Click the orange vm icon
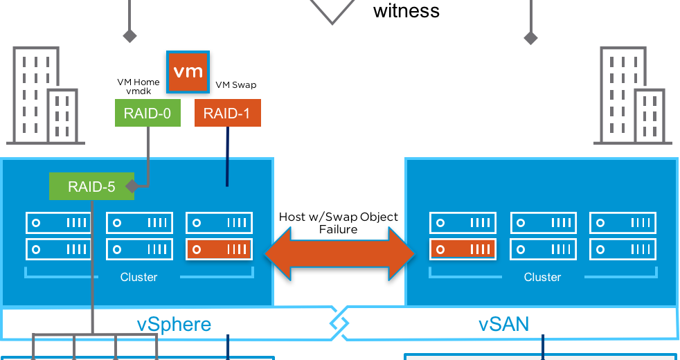pyautogui.click(x=188, y=71)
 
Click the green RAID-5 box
pyautogui.click(x=91, y=186)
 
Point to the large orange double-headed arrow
pyautogui.click(x=339, y=254)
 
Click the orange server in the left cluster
pyautogui.click(x=219, y=249)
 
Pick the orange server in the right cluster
pyautogui.click(x=463, y=249)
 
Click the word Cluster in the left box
pyautogui.click(x=138, y=277)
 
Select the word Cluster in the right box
pyautogui.click(x=542, y=277)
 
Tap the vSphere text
pyautogui.click(x=174, y=324)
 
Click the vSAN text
pyautogui.click(x=503, y=324)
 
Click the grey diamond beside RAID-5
pyautogui.click(x=130, y=186)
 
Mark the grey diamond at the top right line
pyautogui.click(x=530, y=37)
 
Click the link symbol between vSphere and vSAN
pyautogui.click(x=339, y=323)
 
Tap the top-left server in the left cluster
pyautogui.click(x=59, y=223)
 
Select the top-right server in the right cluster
pyautogui.click(x=623, y=223)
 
